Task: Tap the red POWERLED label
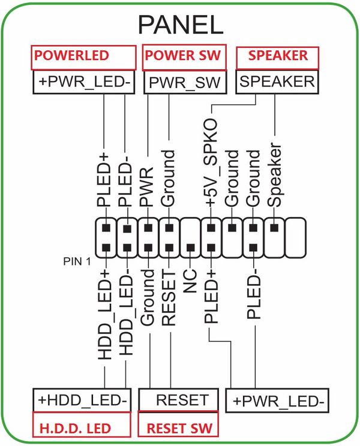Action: pyautogui.click(x=84, y=56)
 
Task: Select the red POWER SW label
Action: pyautogui.click(x=184, y=56)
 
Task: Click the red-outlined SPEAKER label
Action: pyautogui.click(x=278, y=56)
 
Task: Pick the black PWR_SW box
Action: pyautogui.click(x=184, y=82)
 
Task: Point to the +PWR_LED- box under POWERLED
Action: pyautogui.click(x=84, y=82)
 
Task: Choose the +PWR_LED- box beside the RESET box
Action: pyautogui.click(x=277, y=400)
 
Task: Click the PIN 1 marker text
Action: pyautogui.click(x=77, y=262)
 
